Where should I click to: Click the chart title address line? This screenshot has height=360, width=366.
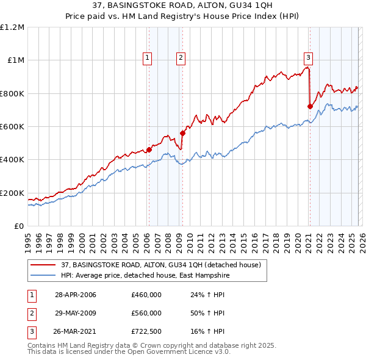point(183,5)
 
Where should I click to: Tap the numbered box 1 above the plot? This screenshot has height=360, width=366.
point(148,58)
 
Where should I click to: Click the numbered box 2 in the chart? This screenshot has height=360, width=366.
point(181,58)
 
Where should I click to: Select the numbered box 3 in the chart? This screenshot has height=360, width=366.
point(309,58)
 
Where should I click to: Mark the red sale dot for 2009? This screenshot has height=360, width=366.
point(182,133)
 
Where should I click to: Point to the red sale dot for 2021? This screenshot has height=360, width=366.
point(310,106)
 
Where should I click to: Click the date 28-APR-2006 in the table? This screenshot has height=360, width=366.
point(76,295)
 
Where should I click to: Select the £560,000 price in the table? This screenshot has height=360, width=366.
point(146,313)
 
